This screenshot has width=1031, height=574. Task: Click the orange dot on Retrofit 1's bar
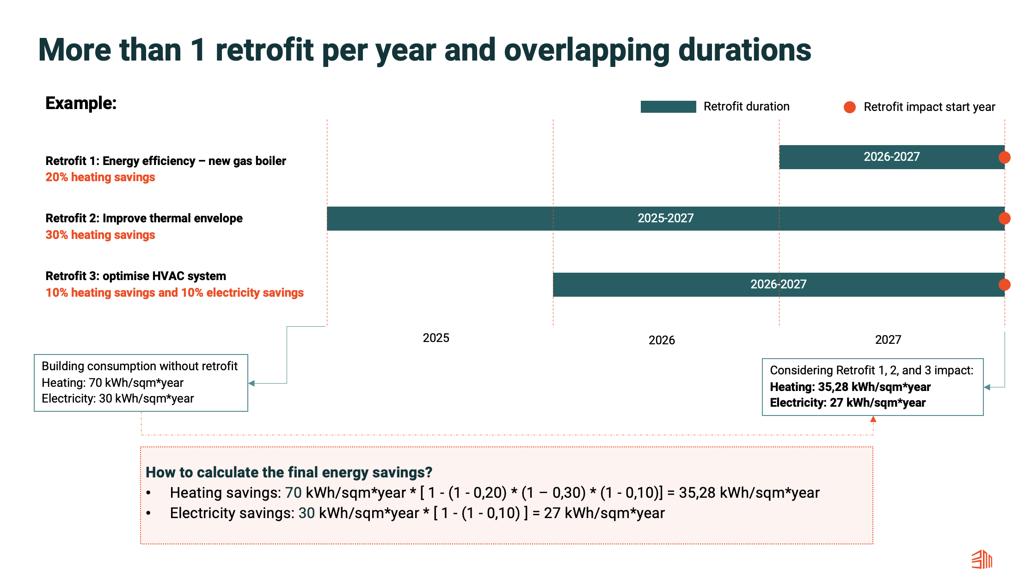pos(1004,158)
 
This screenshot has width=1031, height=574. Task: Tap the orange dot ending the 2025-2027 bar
pos(1004,219)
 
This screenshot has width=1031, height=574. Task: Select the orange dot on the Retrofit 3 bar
pos(1004,285)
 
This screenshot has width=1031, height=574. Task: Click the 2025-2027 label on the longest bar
pos(666,218)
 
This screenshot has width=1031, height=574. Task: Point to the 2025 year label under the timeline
pos(436,338)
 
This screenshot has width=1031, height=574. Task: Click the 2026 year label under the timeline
pos(662,340)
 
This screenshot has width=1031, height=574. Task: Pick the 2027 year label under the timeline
pos(888,340)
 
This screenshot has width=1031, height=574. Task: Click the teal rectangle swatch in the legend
pos(668,107)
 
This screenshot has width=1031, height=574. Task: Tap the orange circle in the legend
pos(850,107)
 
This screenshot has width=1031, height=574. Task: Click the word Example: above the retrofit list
pos(81,103)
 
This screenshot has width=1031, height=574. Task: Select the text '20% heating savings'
pos(100,177)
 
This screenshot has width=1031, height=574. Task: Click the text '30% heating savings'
pos(100,235)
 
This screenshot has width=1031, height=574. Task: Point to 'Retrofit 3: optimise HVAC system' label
pos(136,276)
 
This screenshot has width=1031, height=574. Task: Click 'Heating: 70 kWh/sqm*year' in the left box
pos(113,383)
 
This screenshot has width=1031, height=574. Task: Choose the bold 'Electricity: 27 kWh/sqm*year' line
pos(848,403)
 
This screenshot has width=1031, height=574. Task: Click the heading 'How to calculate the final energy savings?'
pos(289,472)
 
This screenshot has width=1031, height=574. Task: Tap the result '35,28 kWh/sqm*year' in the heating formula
pos(749,493)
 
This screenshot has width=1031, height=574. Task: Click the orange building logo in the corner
pos(982,559)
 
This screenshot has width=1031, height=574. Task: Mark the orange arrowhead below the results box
pos(873,419)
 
